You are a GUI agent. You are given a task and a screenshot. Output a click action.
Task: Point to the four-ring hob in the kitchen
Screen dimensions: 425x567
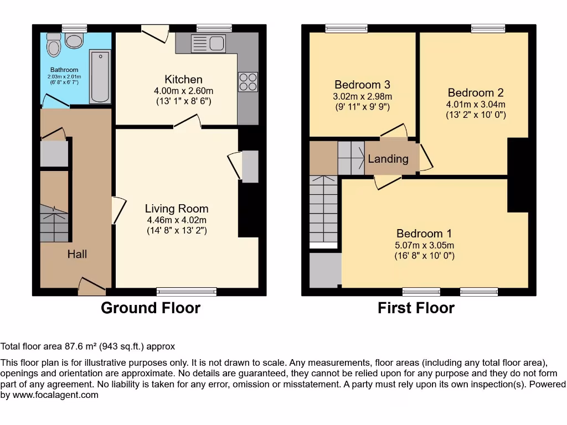pos(248,82)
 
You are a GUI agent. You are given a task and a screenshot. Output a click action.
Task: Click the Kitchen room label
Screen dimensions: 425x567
pos(183,79)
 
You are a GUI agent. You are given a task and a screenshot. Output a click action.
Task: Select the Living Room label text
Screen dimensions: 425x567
pos(177,209)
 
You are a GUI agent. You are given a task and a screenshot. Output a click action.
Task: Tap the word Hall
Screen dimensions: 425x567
pos(77,254)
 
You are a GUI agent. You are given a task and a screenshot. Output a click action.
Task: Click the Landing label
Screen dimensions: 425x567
pos(388,159)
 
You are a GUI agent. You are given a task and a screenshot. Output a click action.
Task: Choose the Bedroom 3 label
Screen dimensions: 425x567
pos(362,85)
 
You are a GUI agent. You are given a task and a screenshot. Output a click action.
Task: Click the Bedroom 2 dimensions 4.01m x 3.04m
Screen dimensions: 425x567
pos(476,104)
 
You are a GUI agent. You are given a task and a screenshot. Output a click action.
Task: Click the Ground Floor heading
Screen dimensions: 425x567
pos(150,308)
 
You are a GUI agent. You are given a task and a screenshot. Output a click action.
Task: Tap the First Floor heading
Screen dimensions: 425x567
pos(416,308)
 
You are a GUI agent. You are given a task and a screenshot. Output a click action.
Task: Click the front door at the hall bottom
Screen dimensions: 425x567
pos(91,284)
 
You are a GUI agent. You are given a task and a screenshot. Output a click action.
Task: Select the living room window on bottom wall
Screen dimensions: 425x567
pos(187,291)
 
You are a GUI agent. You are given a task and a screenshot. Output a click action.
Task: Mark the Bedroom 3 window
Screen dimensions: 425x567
pos(347,28)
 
